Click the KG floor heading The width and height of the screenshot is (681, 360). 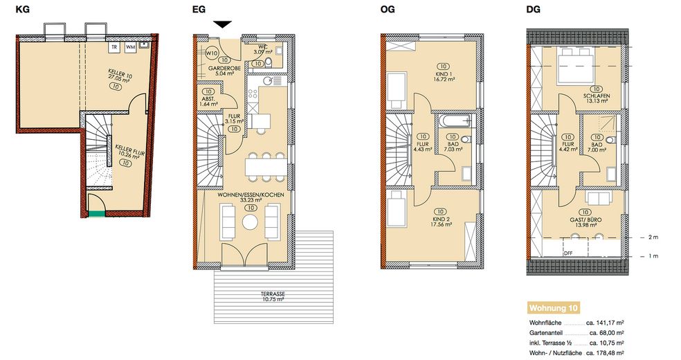tap(23, 9)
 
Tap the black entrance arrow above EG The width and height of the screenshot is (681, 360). tap(223, 25)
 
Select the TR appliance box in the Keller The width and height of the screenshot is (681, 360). tap(114, 47)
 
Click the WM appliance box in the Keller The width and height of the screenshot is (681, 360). tap(130, 47)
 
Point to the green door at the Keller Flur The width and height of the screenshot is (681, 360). tap(96, 213)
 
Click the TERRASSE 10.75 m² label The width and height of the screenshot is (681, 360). tap(273, 296)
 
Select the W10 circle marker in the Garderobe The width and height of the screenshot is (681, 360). tap(212, 53)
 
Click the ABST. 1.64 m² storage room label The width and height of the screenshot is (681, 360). tap(208, 101)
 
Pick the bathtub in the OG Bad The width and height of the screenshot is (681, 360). tap(454, 120)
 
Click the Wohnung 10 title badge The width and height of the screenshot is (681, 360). tap(554, 308)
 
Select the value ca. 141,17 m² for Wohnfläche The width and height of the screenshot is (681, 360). tap(605, 323)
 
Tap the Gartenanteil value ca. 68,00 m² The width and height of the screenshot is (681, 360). tap(607, 333)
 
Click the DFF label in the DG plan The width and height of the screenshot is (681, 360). tap(568, 253)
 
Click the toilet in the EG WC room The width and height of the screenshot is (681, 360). tap(269, 62)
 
